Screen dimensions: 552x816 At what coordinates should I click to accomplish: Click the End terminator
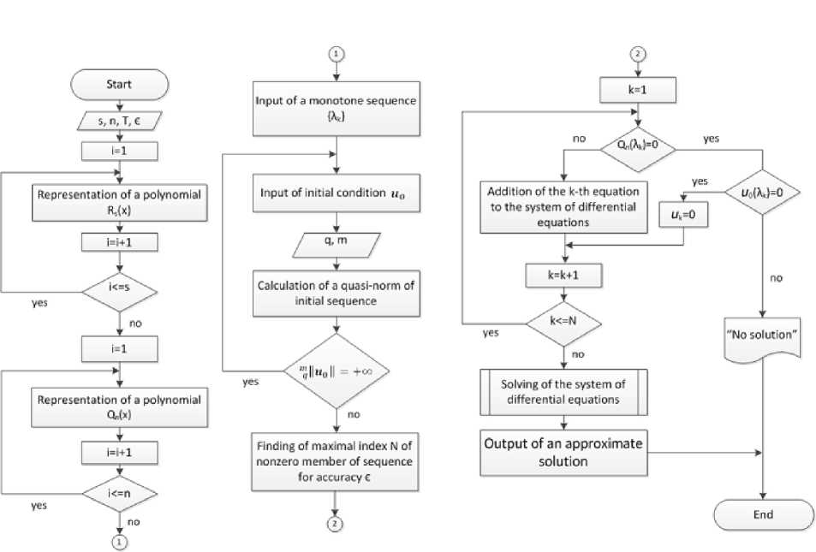pos(763,514)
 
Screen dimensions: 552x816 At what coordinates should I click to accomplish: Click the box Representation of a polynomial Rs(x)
pos(118,202)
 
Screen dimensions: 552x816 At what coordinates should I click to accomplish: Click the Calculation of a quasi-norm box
pos(337,294)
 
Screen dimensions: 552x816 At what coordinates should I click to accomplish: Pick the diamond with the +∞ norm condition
pos(337,372)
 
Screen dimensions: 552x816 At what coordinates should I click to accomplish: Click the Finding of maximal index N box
pos(337,462)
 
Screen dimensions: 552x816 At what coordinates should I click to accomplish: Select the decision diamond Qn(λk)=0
pos(636,145)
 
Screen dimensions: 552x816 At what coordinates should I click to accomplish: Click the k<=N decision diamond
pos(564,324)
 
